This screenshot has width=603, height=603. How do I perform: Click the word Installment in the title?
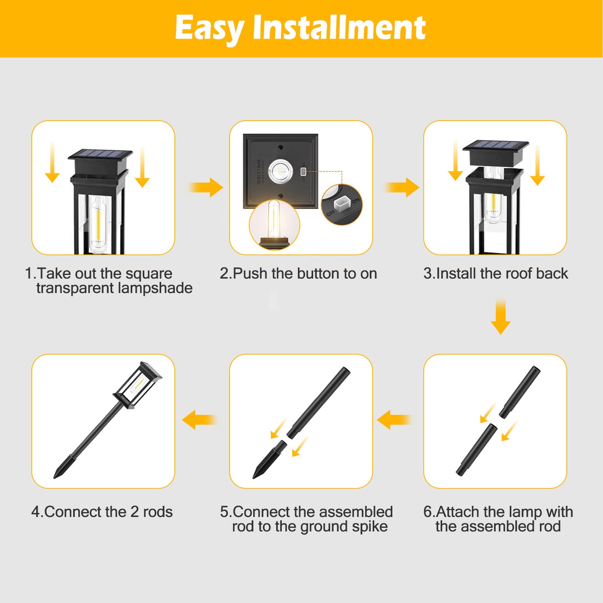(339, 28)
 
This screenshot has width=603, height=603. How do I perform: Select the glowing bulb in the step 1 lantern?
(98, 225)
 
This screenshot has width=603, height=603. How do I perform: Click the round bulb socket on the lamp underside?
(280, 172)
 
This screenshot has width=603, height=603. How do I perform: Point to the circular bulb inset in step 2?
(274, 225)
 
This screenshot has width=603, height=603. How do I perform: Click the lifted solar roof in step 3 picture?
(496, 152)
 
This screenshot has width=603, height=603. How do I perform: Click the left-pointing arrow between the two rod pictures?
(394, 419)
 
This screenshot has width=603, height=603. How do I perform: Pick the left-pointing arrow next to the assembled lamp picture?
(200, 419)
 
